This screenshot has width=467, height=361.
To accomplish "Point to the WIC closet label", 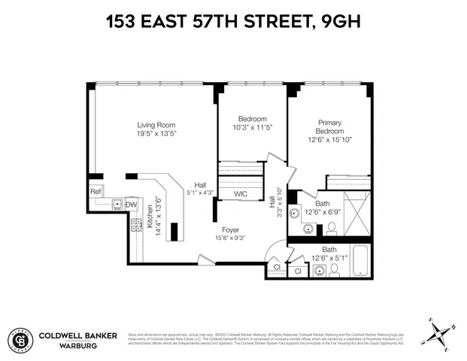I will [x=241, y=193].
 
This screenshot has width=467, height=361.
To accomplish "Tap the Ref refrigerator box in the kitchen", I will [x=96, y=192].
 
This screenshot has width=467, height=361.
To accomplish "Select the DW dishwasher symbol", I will [x=131, y=204].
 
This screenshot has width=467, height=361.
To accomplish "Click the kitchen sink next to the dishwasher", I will [x=117, y=204].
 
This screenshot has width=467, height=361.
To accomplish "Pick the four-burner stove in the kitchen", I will [x=137, y=223].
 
